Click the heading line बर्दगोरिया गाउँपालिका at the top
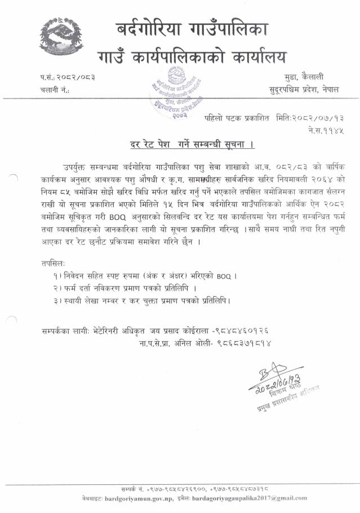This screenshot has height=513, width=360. [x=192, y=28]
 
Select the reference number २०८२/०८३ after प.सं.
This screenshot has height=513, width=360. [x=74, y=77]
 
